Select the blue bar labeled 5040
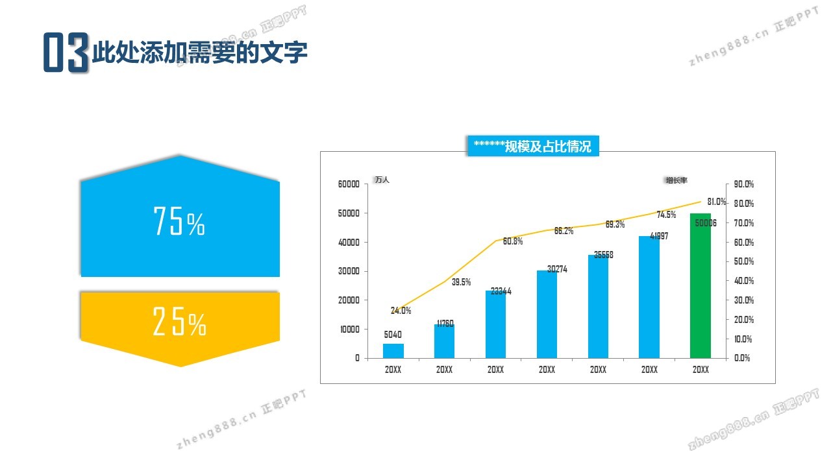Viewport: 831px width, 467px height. coord(393,351)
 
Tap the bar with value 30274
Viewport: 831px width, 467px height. coord(547,314)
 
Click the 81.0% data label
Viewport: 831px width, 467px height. coord(716,202)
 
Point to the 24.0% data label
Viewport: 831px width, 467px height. coord(401,311)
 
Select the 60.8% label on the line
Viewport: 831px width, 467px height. coord(513,241)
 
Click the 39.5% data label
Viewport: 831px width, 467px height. coord(461,282)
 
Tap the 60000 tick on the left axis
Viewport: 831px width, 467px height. coord(349,184)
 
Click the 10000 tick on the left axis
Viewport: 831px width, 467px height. coord(349,329)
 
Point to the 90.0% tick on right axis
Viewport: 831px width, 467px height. coord(744,184)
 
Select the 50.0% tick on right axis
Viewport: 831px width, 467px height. coord(744,261)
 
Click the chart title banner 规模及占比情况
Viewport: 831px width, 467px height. coord(532,147)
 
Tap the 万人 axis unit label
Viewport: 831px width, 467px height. coord(382,180)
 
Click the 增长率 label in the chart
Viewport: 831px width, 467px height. coord(675,180)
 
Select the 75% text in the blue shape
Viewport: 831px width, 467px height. coord(179,222)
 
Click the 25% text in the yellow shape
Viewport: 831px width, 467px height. coord(179,322)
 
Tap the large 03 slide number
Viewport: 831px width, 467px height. coord(66,53)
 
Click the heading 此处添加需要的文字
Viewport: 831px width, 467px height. coord(199,53)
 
